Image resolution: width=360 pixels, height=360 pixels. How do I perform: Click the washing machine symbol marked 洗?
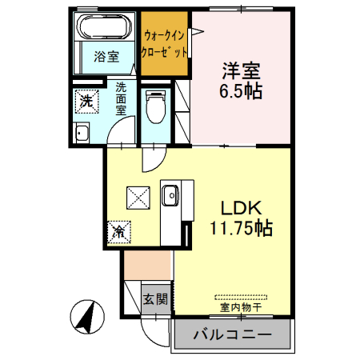pos(86,100)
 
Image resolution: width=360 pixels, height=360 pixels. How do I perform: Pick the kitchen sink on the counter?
pos(170,195)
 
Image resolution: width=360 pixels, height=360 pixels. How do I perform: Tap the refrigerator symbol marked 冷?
pos(118,233)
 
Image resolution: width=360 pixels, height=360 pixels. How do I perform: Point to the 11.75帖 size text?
pos(239,228)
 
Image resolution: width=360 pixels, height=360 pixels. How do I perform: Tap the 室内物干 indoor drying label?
pos(241,306)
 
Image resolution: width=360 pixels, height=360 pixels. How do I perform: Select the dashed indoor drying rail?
pos(241,294)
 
